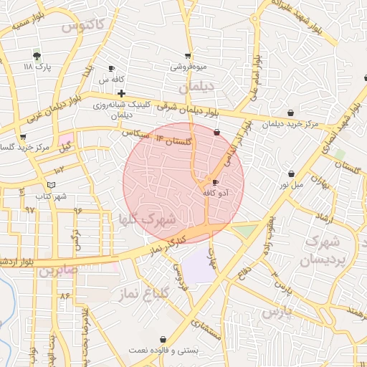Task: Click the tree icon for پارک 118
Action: pos(37,55)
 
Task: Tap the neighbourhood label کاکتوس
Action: pos(83,27)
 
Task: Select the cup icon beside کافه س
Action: pos(111,69)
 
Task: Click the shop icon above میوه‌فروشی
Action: pos(188,55)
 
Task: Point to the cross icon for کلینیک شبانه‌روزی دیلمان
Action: pos(122,93)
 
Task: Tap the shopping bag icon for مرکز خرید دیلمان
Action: pos(290,113)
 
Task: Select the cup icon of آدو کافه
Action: pos(216,182)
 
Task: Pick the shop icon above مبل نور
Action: pos(291,173)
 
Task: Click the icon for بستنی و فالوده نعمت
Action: pos(163,339)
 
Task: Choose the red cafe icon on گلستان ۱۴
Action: pos(217,132)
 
